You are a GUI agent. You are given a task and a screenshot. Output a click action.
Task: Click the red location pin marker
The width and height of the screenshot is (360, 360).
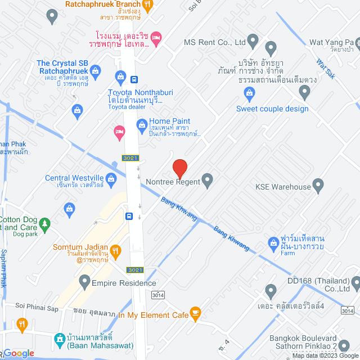pyautogui.click(x=179, y=168)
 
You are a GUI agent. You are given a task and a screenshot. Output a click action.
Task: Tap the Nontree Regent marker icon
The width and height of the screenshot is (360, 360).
pyautogui.click(x=208, y=181)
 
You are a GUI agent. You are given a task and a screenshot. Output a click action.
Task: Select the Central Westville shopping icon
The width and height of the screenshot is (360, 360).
pyautogui.click(x=111, y=179)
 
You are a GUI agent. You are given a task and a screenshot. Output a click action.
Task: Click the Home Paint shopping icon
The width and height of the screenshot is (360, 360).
pyautogui.click(x=142, y=123)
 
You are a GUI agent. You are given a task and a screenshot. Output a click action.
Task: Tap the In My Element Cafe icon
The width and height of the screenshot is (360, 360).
pyautogui.click(x=196, y=312)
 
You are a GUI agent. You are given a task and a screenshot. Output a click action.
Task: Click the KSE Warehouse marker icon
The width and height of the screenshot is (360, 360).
pyautogui.click(x=318, y=184)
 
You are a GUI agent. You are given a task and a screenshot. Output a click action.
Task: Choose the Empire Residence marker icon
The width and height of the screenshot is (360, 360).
pyautogui.click(x=85, y=280)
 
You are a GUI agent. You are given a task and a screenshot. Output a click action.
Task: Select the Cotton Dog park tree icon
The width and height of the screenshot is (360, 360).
pyautogui.click(x=46, y=223)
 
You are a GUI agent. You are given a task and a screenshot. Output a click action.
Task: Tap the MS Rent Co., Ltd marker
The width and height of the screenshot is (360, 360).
pyautogui.click(x=253, y=41)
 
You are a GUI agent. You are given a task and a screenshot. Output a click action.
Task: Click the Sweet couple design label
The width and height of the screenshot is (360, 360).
pyautogui.click(x=272, y=109)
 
